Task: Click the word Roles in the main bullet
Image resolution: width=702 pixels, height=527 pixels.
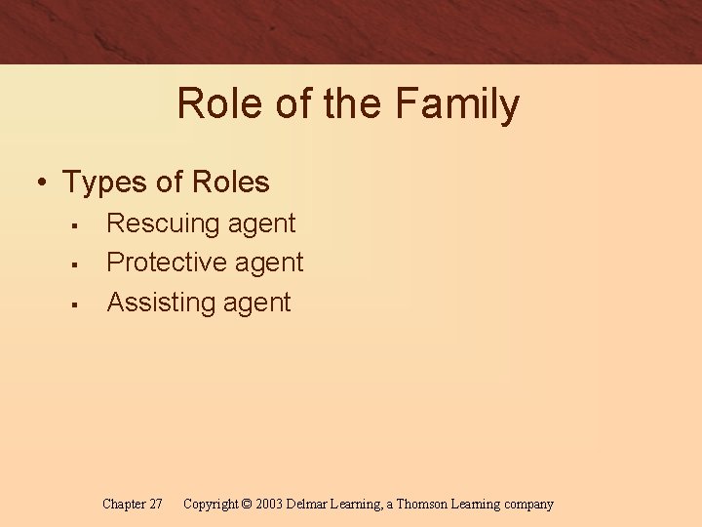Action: pos(231,182)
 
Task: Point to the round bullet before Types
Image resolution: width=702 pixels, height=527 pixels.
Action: pos(41,182)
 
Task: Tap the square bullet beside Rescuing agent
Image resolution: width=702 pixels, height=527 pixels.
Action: pos(74,225)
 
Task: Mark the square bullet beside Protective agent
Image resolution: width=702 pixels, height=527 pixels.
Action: pos(74,264)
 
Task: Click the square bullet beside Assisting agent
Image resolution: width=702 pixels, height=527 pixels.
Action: pos(74,304)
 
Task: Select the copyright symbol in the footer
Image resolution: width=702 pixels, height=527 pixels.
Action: pos(246,505)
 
